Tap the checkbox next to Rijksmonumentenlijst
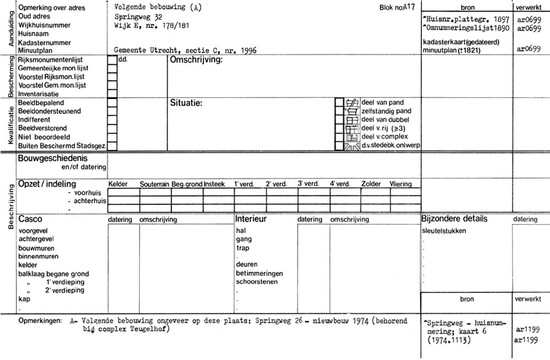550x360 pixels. point(112,59)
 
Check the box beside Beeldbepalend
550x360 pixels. point(112,102)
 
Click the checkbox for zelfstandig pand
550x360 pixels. point(339,111)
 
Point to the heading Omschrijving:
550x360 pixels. point(196,59)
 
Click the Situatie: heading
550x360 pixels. point(187,103)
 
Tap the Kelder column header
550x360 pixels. point(118,184)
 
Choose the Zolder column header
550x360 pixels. point(371,184)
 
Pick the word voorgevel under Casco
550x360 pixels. point(34,230)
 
